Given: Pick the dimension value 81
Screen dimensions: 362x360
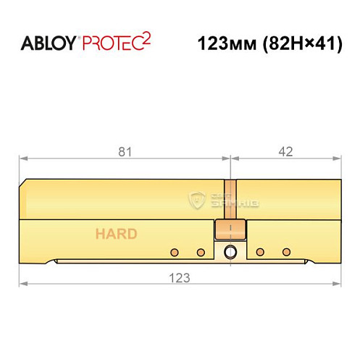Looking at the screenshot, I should pyautogui.click(x=125, y=152).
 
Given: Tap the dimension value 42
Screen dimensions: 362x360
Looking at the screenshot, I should pyautogui.click(x=285, y=152).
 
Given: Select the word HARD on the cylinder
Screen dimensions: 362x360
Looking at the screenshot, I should pyautogui.click(x=115, y=234).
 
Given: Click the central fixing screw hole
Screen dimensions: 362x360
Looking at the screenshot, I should pyautogui.click(x=230, y=253).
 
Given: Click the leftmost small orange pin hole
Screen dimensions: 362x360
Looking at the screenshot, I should pyautogui.click(x=174, y=253).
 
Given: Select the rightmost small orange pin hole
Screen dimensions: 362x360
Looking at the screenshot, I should pyautogui.click(x=287, y=253).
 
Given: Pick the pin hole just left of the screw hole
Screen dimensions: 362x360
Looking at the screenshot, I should pyautogui.click(x=201, y=253).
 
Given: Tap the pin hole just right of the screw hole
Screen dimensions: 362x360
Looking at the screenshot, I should pyautogui.click(x=259, y=253).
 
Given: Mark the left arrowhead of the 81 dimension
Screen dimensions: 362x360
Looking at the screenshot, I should pyautogui.click(x=22, y=159).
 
